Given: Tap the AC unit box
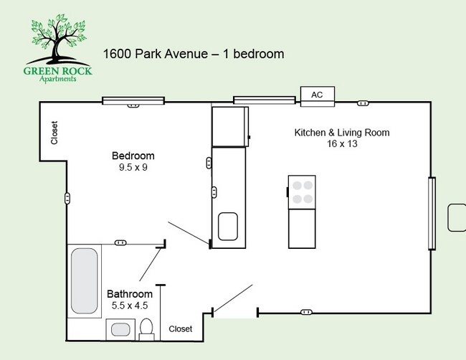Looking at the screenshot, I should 316,95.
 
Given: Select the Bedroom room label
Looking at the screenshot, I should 133,156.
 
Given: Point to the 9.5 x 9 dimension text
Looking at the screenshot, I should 133,168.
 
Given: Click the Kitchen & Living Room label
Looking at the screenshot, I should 342,133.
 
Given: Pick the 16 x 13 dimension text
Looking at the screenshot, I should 342,144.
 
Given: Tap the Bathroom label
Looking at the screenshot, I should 130,294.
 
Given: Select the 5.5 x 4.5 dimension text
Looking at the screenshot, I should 130,305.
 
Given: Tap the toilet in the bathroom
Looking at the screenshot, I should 147,329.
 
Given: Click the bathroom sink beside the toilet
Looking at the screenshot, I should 120,330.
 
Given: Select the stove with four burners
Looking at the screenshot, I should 302,191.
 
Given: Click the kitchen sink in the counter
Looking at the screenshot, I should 228,226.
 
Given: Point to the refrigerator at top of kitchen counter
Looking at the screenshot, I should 229,126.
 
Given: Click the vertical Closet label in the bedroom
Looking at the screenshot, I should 54,133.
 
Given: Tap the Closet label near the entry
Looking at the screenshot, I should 181,329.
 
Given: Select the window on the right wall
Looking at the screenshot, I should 432,213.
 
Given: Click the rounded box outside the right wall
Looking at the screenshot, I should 457,218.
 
